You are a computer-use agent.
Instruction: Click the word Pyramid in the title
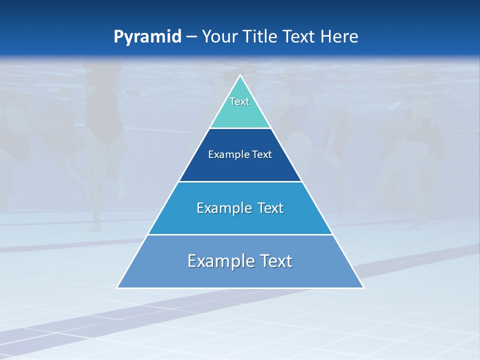(x=147, y=37)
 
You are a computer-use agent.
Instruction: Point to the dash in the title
(x=191, y=37)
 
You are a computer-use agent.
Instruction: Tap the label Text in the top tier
(x=239, y=101)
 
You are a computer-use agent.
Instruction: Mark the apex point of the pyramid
(x=240, y=76)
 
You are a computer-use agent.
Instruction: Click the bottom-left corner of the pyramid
(x=117, y=287)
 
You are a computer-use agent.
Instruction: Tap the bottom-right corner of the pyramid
(x=363, y=287)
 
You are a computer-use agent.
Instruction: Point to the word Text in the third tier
(x=270, y=208)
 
